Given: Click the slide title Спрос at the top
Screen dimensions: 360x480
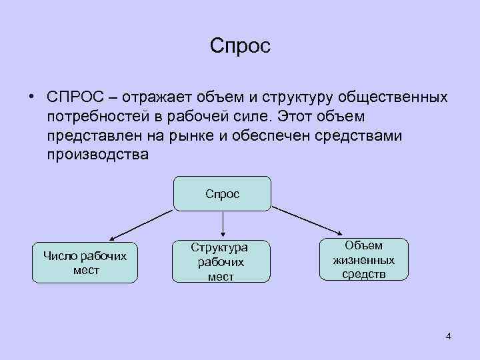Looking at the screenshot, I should [239, 46].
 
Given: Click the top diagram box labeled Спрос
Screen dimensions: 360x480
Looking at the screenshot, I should [222, 193].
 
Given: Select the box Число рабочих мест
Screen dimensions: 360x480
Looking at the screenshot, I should [85, 262].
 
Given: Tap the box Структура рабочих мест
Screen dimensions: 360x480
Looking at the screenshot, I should [220, 261].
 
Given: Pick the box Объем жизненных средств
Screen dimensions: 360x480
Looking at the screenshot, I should [363, 259].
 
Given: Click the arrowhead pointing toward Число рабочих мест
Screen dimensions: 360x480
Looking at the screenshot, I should [113, 237].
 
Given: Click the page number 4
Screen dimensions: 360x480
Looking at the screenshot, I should [448, 336].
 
